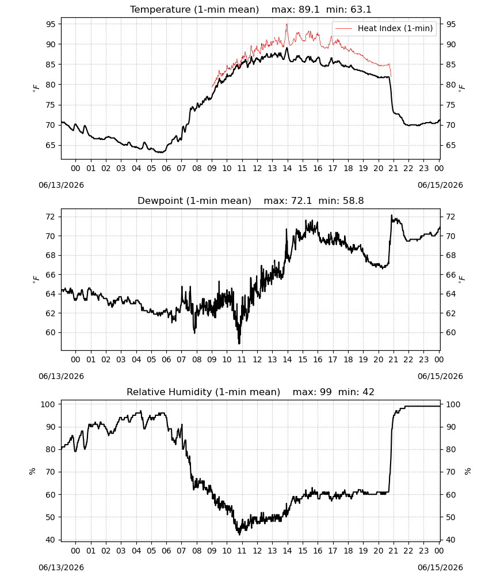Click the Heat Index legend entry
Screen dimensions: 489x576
point(384,28)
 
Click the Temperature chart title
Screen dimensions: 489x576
point(251,9)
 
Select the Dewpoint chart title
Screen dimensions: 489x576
point(251,200)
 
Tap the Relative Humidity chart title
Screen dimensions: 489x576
point(251,392)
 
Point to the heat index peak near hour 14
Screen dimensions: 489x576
point(287,24)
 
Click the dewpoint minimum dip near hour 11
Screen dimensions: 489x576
point(239,343)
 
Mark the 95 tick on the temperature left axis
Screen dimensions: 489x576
point(51,24)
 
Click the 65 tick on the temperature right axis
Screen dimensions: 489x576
point(451,145)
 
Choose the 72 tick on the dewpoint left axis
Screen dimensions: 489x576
point(51,217)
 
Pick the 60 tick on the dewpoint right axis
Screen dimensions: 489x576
point(451,332)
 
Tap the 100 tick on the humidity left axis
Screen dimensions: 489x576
point(48,404)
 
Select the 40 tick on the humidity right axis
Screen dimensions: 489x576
point(451,540)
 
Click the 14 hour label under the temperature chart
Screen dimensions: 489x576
point(287,168)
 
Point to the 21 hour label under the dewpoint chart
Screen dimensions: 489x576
point(394,359)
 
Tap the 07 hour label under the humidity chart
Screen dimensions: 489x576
point(181,551)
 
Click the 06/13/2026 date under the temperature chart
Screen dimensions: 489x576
point(61,185)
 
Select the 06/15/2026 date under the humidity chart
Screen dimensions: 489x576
point(440,567)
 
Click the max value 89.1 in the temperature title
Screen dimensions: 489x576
point(309,9)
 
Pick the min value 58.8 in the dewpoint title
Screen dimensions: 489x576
point(353,200)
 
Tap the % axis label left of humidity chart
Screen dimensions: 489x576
point(32,471)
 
